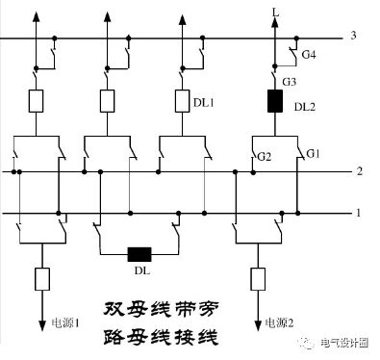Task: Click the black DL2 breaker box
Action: [x=274, y=100]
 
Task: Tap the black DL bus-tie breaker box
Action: [x=140, y=255]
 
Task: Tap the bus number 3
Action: [x=354, y=37]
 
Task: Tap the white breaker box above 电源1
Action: [x=42, y=279]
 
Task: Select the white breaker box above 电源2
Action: [x=257, y=279]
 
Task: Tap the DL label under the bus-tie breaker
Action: [x=141, y=271]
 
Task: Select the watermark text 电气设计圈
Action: [x=341, y=342]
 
